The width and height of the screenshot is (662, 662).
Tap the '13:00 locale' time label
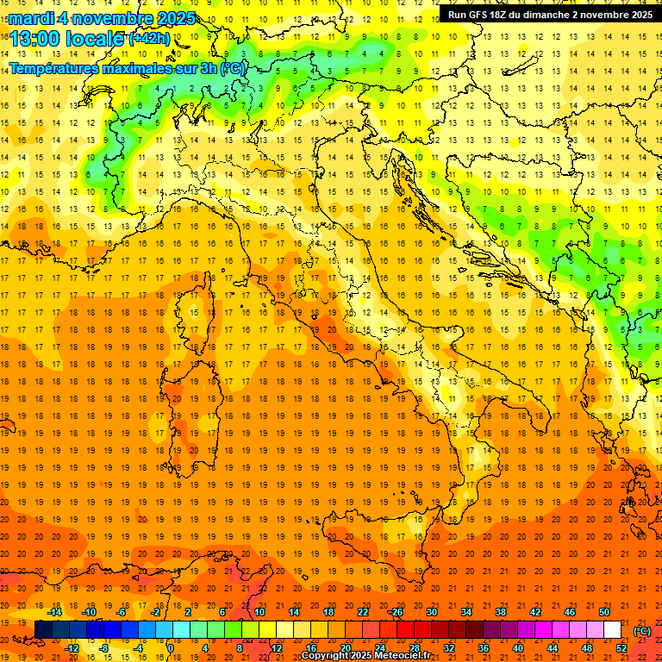click(x=67, y=39)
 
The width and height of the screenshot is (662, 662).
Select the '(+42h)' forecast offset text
click(x=149, y=39)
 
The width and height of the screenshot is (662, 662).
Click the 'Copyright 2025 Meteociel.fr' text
click(x=365, y=656)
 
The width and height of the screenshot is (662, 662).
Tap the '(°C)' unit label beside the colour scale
click(x=642, y=630)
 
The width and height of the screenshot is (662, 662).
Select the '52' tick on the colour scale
click(x=621, y=647)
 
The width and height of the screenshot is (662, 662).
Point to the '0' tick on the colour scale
click(x=172, y=647)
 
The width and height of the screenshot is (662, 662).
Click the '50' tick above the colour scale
click(x=604, y=612)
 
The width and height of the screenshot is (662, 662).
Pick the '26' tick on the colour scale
click(x=397, y=612)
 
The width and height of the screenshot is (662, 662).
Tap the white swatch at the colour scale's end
click(x=612, y=630)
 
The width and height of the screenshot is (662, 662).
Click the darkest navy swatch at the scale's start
click(x=43, y=630)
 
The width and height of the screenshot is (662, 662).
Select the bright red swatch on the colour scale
click(x=405, y=630)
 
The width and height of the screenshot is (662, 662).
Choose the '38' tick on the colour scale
click(x=501, y=612)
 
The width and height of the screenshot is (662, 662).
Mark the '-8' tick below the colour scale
click(x=104, y=647)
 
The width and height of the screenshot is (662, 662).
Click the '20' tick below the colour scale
click(x=345, y=647)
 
